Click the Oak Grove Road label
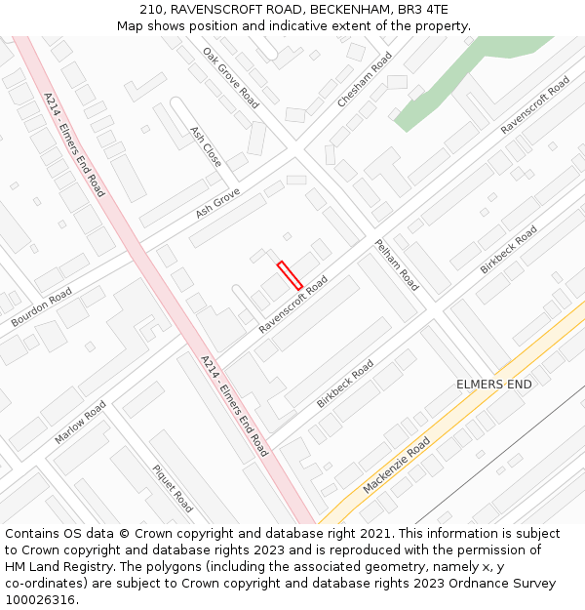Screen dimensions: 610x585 (231, 77)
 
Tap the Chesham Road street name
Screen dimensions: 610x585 (365, 80)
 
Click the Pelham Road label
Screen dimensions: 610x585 (397, 264)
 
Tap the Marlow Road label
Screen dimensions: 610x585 (81, 422)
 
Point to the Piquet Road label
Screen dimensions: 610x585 (173, 488)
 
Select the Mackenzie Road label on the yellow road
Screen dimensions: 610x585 (396, 466)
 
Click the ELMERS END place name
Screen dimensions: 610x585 (494, 385)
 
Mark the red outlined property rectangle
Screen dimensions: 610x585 (290, 275)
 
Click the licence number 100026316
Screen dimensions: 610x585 (40, 600)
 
